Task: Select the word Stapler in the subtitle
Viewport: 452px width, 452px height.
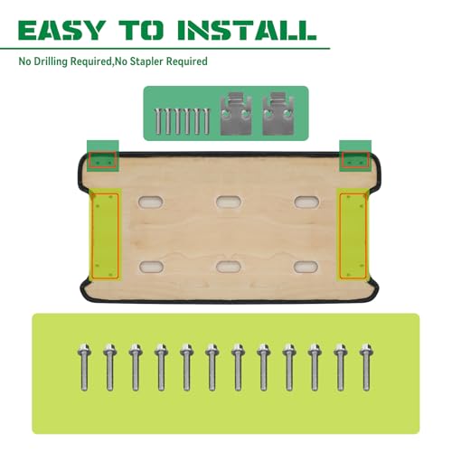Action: tap(146, 61)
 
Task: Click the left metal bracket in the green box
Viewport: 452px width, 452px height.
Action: tap(236, 113)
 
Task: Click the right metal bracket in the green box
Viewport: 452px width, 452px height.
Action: tap(278, 113)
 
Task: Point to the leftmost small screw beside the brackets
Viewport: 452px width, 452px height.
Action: tap(158, 121)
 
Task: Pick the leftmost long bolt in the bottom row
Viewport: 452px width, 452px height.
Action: tap(84, 367)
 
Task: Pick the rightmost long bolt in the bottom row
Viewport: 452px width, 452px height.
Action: tap(366, 367)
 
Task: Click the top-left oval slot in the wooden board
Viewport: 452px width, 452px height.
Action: tap(151, 202)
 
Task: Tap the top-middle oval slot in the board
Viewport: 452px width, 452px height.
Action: tap(229, 202)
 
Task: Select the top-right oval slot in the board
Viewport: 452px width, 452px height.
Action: tap(306, 202)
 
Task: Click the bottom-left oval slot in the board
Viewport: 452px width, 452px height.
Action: tap(151, 267)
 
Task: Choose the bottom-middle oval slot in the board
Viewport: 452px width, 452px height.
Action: tap(229, 267)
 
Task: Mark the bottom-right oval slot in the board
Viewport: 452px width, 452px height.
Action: tap(306, 267)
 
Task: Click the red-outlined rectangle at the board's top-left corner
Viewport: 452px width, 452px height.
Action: tap(102, 160)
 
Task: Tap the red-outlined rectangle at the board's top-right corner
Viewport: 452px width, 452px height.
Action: tap(356, 160)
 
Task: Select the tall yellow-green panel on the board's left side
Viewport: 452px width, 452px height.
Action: tap(105, 236)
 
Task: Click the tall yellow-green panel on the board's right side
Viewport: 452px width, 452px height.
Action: tap(353, 236)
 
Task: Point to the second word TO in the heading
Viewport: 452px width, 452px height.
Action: tap(141, 30)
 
